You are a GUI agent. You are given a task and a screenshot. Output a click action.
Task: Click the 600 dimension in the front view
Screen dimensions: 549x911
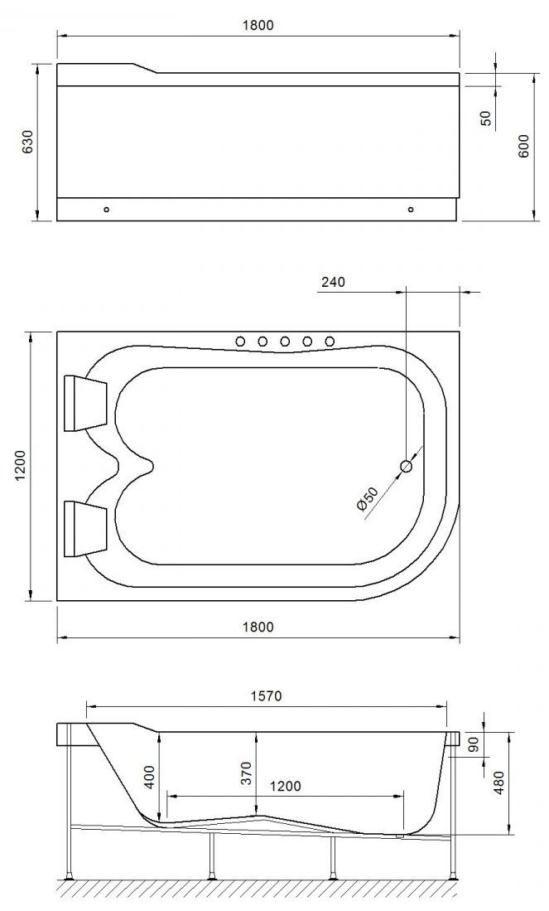523,147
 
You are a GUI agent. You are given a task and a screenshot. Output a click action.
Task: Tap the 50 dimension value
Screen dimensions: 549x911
486,118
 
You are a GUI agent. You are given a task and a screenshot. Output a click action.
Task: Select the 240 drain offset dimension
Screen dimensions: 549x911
333,282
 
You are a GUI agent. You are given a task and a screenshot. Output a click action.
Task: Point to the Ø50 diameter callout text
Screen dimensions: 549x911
367,499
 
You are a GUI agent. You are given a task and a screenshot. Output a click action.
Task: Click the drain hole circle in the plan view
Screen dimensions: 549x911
407,465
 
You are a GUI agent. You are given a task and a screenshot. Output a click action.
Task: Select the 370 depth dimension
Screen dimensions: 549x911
246,773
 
